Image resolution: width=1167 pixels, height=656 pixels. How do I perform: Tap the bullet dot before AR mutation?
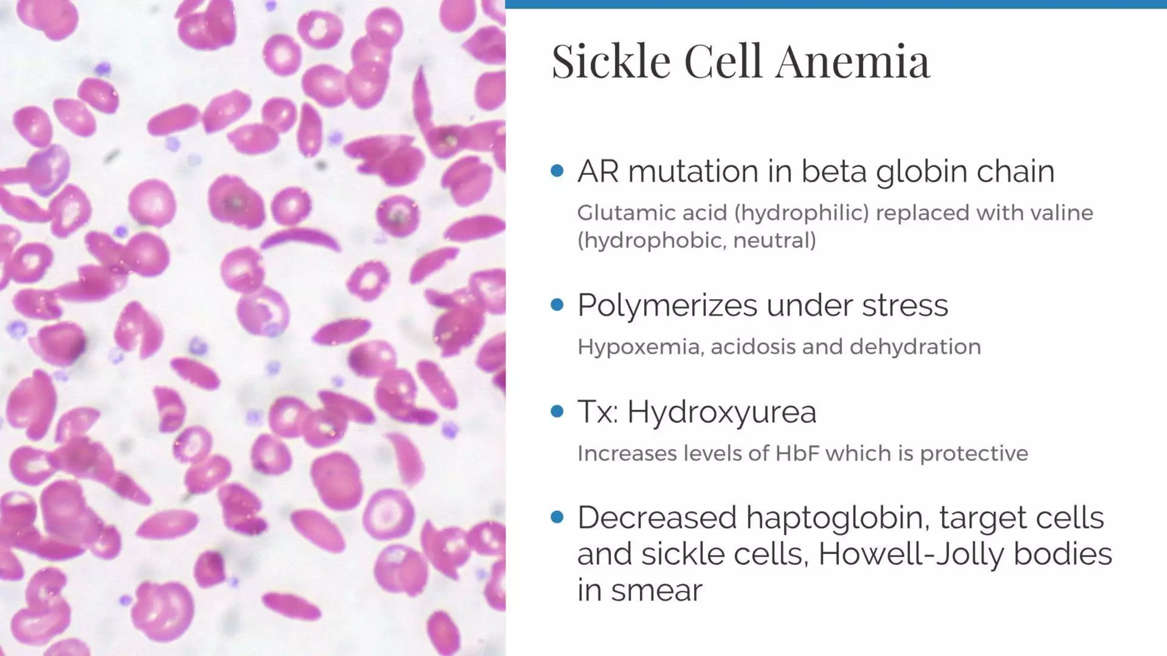point(557,171)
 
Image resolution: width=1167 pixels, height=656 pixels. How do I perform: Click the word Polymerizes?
point(667,305)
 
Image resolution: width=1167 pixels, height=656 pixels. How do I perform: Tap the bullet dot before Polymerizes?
point(557,305)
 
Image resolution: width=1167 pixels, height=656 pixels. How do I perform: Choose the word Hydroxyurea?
point(721,412)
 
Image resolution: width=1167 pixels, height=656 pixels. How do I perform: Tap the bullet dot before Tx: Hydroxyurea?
point(557,411)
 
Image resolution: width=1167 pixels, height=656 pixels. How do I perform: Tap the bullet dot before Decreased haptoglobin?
point(557,517)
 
